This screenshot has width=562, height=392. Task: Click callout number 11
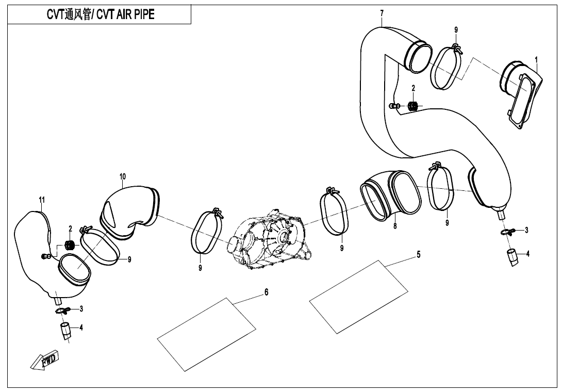42,200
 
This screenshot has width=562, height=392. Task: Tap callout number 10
123,176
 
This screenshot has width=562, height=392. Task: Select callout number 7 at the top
382,12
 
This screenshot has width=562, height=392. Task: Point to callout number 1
536,60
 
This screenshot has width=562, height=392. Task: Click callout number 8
395,226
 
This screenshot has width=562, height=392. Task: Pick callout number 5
419,254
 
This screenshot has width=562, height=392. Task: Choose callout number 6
267,292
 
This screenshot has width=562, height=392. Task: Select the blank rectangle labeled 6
207,329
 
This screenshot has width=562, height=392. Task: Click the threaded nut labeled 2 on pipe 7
412,106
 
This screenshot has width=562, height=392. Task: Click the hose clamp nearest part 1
445,67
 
